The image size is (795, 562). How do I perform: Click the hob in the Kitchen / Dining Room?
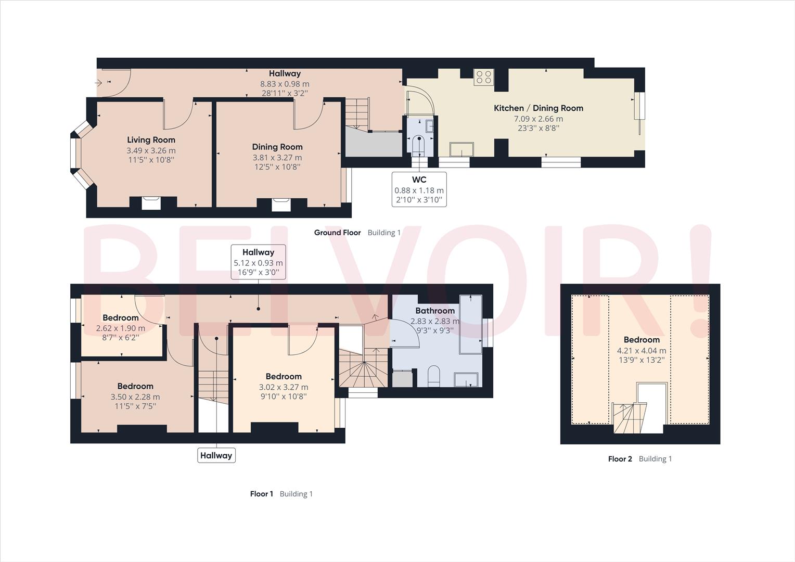[x=483, y=77]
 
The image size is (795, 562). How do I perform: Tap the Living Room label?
[x=151, y=139]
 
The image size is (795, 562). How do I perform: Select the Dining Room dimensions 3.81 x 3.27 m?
[x=277, y=157]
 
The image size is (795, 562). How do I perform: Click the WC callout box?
[x=419, y=189]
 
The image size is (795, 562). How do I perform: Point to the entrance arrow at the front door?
[x=99, y=82]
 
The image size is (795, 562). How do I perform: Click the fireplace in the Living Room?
[x=151, y=202]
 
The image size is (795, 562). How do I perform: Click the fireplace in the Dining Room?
[x=281, y=204]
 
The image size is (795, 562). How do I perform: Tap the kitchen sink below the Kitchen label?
[x=462, y=149]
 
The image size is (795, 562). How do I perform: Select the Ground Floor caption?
[x=337, y=233]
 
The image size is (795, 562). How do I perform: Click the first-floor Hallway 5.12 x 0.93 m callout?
[x=258, y=262]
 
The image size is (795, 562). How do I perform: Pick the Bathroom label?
[x=434, y=311]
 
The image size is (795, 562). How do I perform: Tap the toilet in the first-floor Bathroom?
[x=433, y=376]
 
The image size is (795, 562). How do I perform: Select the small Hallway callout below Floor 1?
[x=216, y=455]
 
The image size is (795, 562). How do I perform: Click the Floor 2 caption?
[x=620, y=458]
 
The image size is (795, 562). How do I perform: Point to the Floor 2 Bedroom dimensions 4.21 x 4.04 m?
[x=641, y=350]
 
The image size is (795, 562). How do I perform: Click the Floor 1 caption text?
[x=261, y=494]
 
